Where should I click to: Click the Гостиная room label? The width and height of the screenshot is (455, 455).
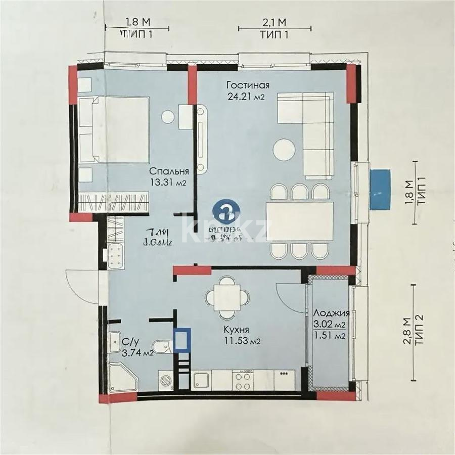point(248,85)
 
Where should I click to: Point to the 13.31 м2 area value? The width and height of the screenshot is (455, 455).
point(165,183)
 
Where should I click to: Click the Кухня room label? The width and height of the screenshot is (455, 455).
point(236,330)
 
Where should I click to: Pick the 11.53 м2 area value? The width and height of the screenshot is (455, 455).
point(242,341)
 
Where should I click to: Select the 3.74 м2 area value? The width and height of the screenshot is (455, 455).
point(138,353)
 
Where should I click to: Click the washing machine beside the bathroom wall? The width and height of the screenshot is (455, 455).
point(167,380)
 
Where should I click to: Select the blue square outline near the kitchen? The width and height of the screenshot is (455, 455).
point(181,340)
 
